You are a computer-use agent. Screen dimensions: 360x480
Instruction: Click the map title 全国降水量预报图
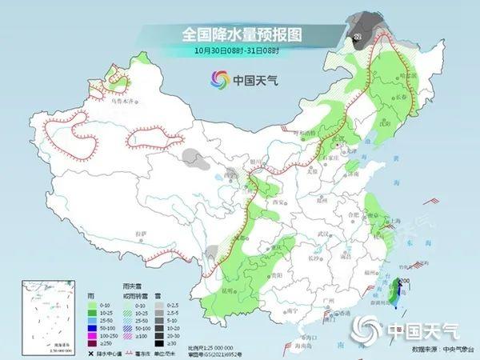(240, 34)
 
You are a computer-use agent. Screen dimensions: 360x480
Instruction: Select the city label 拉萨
(142, 232)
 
